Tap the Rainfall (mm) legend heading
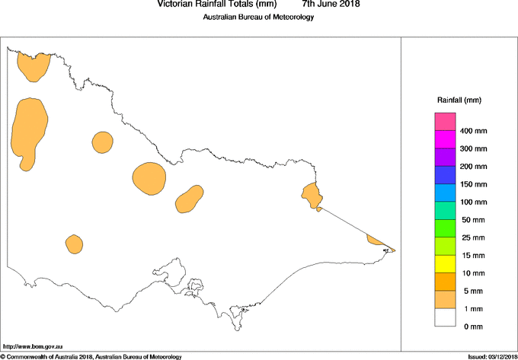pyautogui.click(x=459, y=100)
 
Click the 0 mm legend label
pyautogui.click(x=473, y=327)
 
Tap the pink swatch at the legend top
pyautogui.click(x=445, y=121)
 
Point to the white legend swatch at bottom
pyautogui.click(x=445, y=317)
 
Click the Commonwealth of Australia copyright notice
pyautogui.click(x=91, y=356)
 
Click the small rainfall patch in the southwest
pyautogui.click(x=74, y=244)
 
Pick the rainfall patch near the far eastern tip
pyautogui.click(x=376, y=241)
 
